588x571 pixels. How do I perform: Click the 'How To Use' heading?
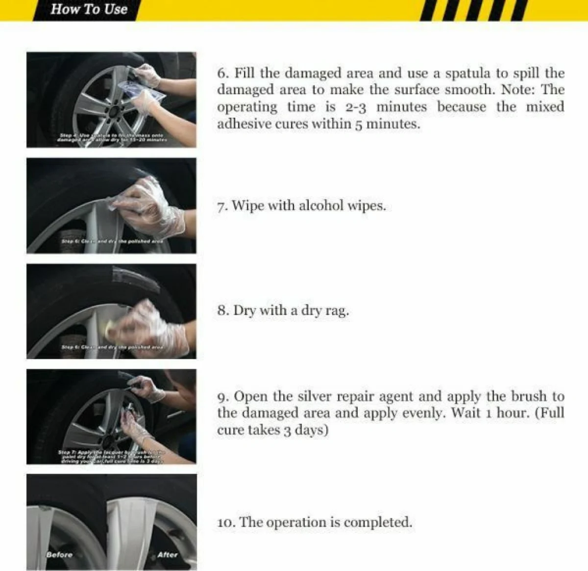(x=89, y=9)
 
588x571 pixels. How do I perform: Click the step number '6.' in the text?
(x=223, y=74)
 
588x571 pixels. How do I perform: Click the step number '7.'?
(x=222, y=206)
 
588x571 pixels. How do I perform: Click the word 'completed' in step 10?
(x=378, y=522)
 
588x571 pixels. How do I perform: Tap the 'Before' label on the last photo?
(x=59, y=555)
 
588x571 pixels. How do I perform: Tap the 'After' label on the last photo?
(x=167, y=555)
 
